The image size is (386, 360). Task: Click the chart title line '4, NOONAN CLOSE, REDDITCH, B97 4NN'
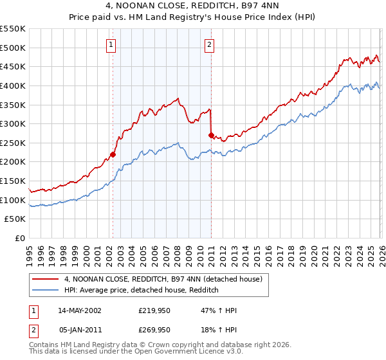click(193, 6)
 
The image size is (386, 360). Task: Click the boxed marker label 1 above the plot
click(112, 45)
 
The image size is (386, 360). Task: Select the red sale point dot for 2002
click(113, 154)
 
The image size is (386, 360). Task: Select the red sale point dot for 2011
click(211, 135)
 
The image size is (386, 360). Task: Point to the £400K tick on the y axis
click(14, 85)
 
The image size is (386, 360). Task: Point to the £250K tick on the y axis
click(14, 143)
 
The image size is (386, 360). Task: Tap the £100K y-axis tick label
click(14, 200)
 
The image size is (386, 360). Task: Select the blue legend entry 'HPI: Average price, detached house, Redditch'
click(142, 291)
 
